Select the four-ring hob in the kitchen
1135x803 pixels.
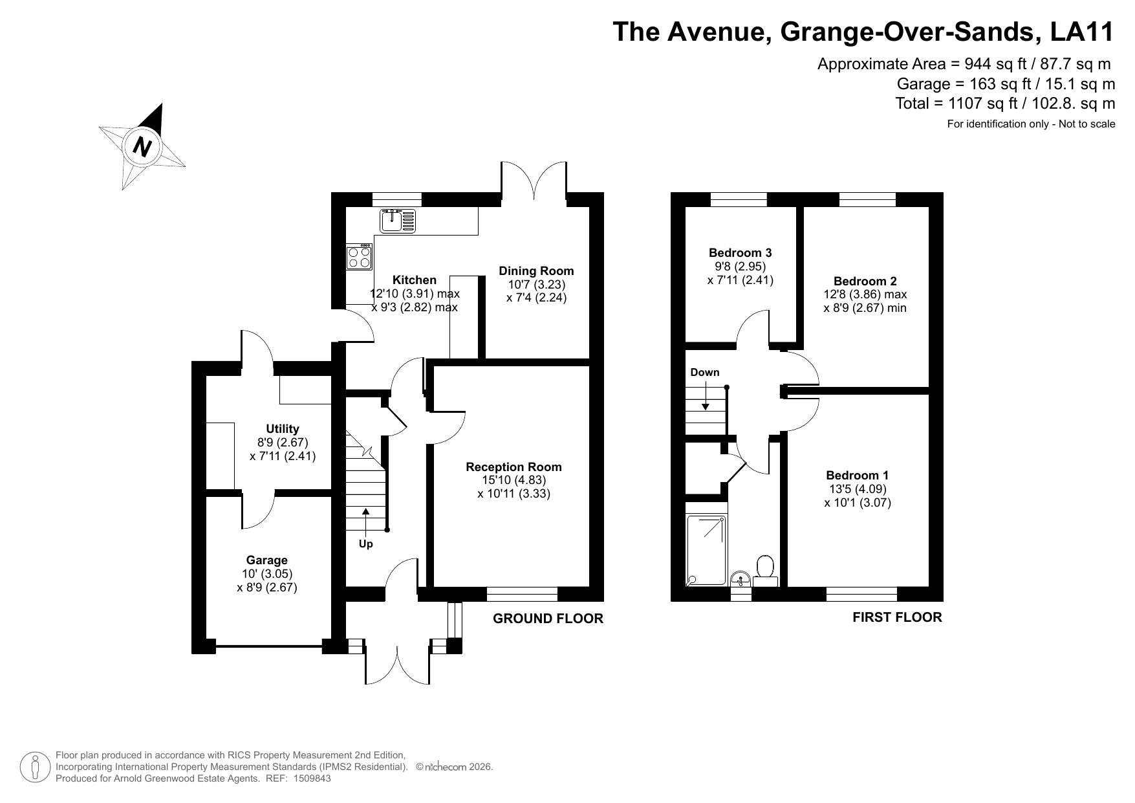pos(359,257)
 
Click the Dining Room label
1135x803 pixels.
pos(536,271)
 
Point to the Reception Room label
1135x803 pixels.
pos(513,467)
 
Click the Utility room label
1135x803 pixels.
pos(283,429)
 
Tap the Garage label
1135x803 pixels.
pos(266,560)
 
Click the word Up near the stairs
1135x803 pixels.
pos(366,544)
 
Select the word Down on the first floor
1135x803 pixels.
pos(705,373)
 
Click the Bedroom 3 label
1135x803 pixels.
pos(740,253)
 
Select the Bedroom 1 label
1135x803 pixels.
pos(858,476)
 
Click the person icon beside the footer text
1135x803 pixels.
pos(36,767)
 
